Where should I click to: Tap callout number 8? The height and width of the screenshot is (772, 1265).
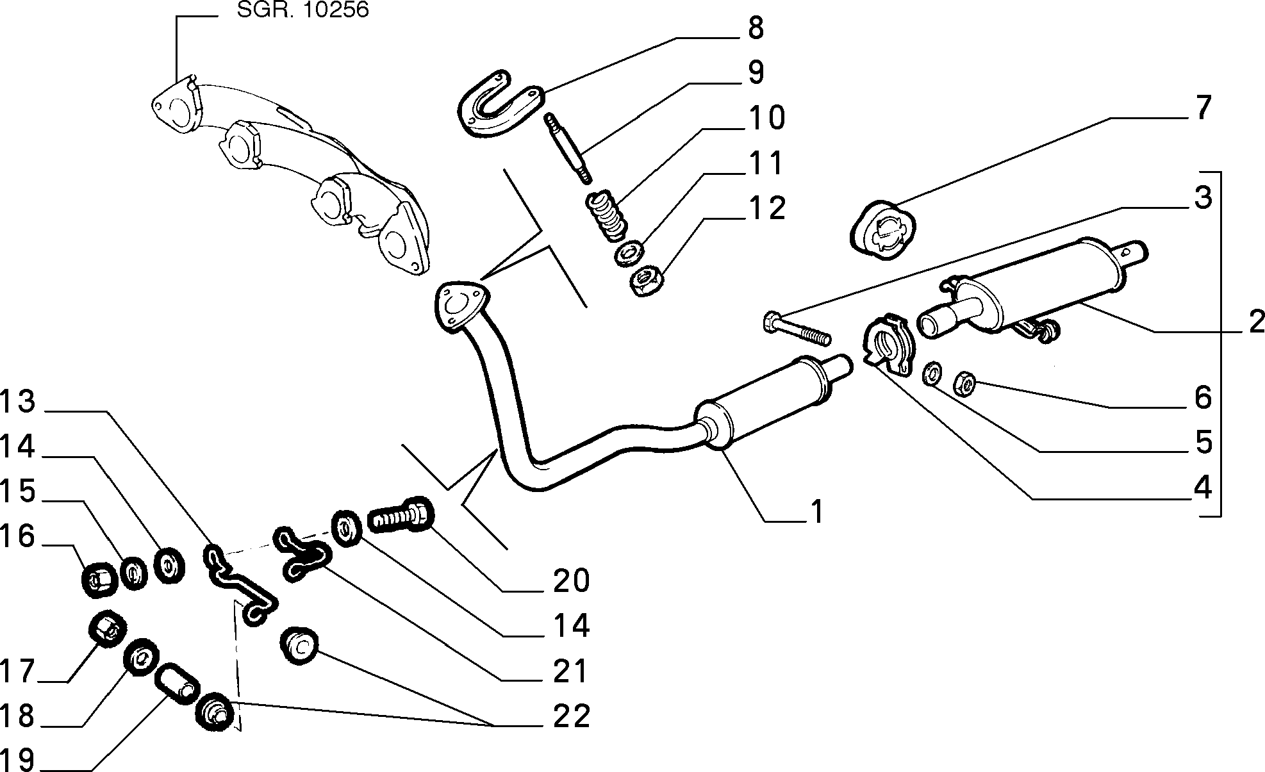tap(756, 29)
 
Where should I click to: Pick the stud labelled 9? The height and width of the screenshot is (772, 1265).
tap(568, 147)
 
